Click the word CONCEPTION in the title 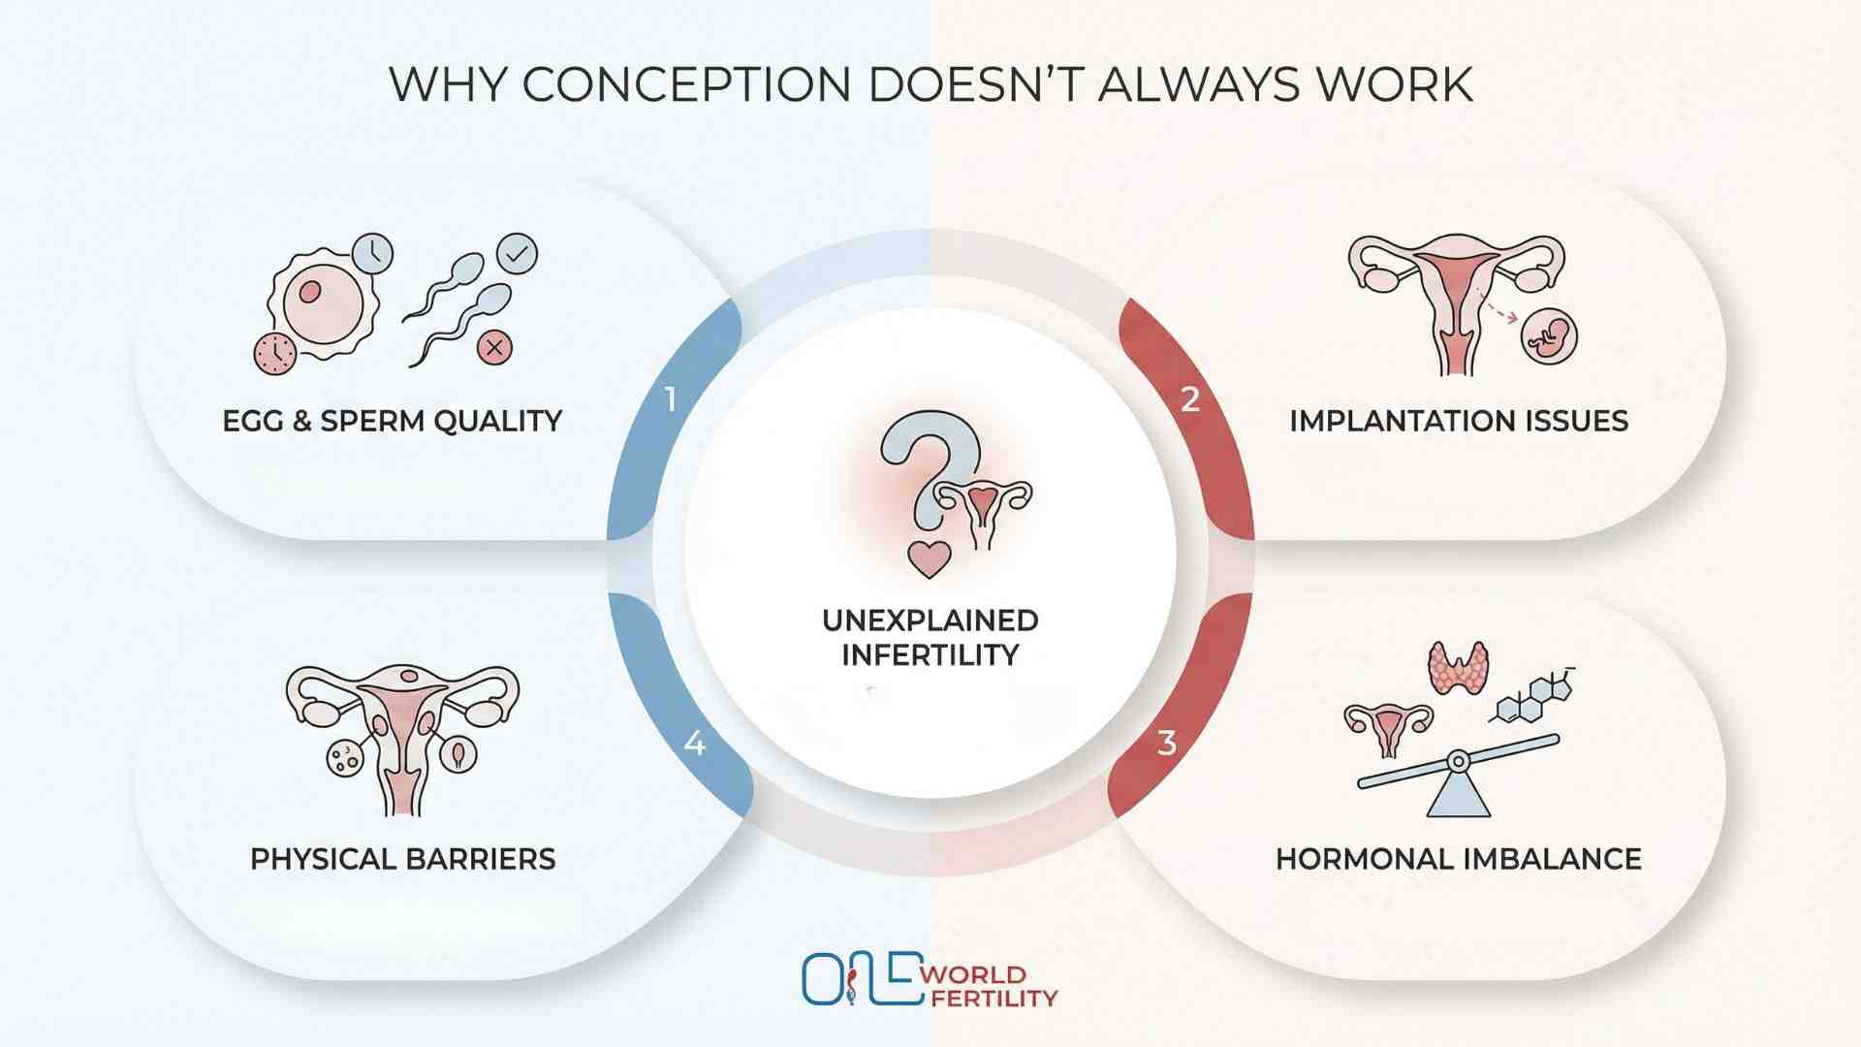click(687, 84)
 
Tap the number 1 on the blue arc click(671, 399)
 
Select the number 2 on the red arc click(1190, 399)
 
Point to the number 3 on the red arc click(1167, 744)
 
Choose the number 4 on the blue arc click(694, 744)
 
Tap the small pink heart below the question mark click(929, 559)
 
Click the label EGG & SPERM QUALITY click(392, 421)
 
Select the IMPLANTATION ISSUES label click(1458, 421)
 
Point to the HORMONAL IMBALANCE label click(1458, 859)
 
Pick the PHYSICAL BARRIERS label click(402, 859)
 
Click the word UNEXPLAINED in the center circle click(930, 620)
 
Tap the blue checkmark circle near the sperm click(517, 254)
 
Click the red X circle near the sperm click(495, 347)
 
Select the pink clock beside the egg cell click(275, 353)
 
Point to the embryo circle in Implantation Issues click(1549, 336)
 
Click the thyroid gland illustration click(1458, 667)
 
